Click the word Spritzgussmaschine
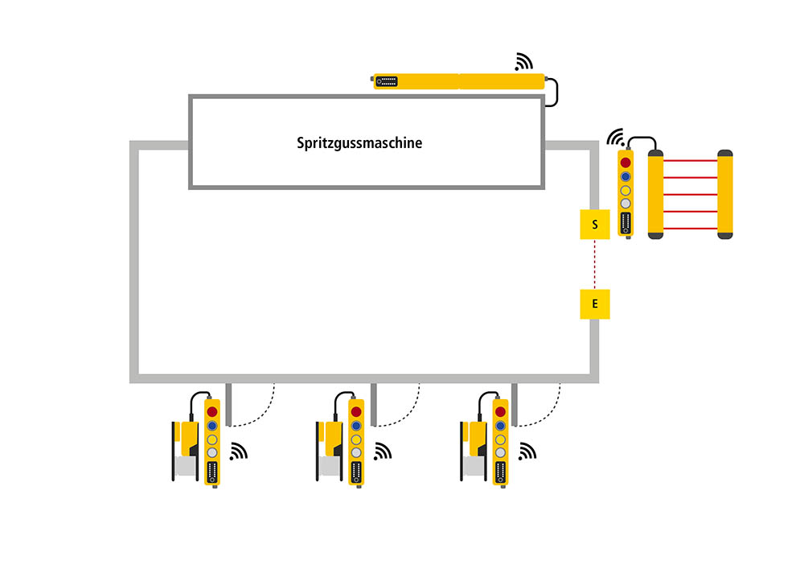point(359,143)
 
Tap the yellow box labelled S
point(595,225)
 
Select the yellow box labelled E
point(595,303)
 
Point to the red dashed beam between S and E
point(595,264)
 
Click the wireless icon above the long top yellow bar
point(524,62)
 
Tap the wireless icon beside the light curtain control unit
point(616,136)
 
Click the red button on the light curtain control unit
point(626,163)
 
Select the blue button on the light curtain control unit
point(626,176)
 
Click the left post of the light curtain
point(655,194)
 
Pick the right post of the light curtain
point(725,194)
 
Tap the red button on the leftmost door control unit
point(212,412)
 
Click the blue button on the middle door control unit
point(356,426)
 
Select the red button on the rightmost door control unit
point(500,412)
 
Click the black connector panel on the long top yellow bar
point(387,81)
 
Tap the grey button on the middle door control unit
point(356,453)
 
